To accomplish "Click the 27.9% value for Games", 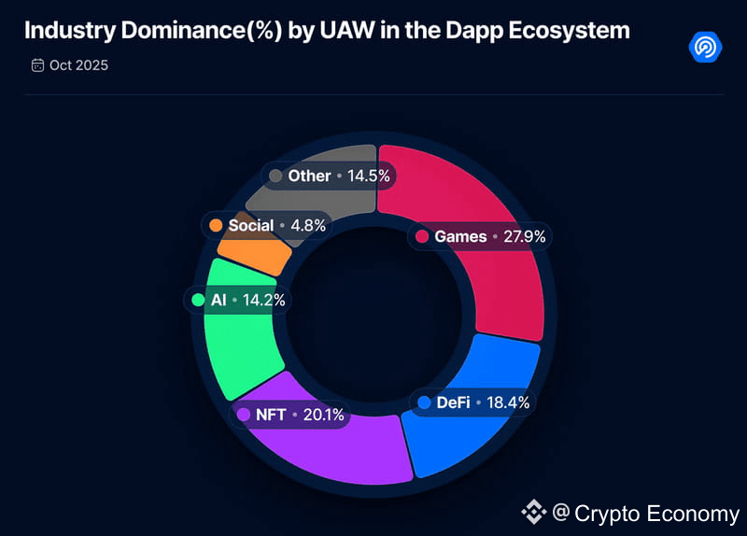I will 524,236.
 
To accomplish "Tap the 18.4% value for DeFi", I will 508,402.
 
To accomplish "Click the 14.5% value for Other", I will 369,176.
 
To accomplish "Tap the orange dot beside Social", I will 216,225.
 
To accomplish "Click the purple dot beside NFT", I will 244,414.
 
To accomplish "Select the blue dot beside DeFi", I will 425,402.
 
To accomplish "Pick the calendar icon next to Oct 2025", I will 37,65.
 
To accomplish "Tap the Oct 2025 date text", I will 79,65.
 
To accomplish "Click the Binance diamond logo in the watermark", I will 533,512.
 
